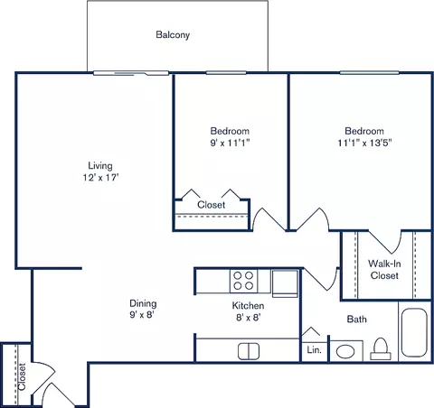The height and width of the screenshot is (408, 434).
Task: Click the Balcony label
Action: pyautogui.click(x=172, y=35)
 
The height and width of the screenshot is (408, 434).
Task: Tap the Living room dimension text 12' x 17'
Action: pyautogui.click(x=99, y=179)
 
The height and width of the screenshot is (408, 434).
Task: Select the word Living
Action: pyautogui.click(x=99, y=165)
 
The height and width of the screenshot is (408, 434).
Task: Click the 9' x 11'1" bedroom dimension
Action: pyautogui.click(x=230, y=143)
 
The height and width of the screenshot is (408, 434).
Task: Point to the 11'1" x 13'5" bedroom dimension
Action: pyautogui.click(x=364, y=143)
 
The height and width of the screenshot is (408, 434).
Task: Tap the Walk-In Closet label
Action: pyautogui.click(x=384, y=269)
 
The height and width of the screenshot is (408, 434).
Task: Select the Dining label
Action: pyautogui.click(x=143, y=303)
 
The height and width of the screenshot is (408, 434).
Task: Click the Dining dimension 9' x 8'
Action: pyautogui.click(x=143, y=316)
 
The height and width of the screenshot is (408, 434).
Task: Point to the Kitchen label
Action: pyautogui.click(x=247, y=306)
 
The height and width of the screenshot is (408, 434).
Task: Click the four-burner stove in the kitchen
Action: pyautogui.click(x=242, y=281)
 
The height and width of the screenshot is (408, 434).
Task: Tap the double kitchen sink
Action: pyautogui.click(x=249, y=351)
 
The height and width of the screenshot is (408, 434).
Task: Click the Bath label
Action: pyautogui.click(x=358, y=319)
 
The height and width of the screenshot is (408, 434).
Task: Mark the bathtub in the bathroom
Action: pyautogui.click(x=414, y=335)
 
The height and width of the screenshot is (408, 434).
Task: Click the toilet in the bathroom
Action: pyautogui.click(x=382, y=348)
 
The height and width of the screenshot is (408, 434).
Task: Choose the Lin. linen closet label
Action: pyautogui.click(x=314, y=349)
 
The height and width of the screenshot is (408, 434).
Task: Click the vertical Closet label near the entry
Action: pyautogui.click(x=21, y=373)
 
